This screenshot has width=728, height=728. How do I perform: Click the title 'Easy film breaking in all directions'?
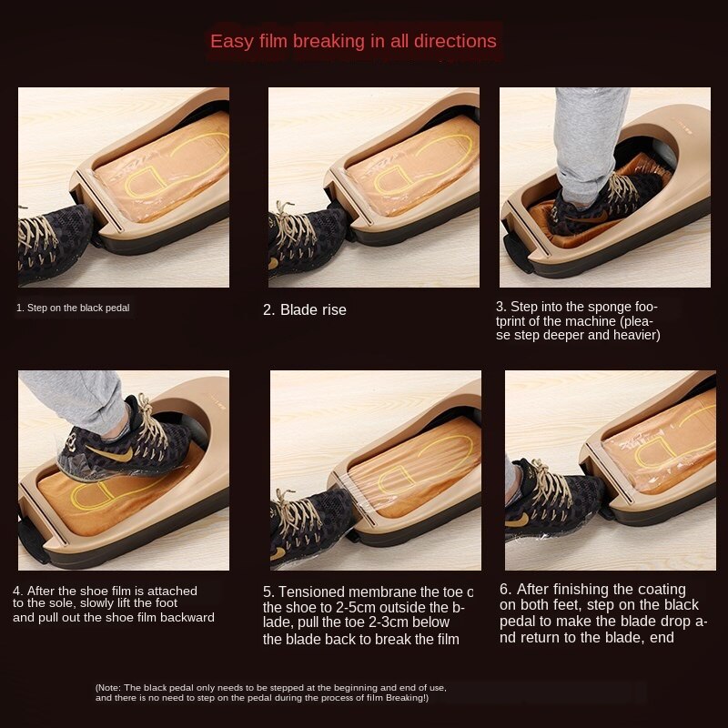point(353,41)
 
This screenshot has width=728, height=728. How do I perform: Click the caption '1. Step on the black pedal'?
point(73,308)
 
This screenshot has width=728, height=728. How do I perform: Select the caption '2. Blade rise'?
point(305,309)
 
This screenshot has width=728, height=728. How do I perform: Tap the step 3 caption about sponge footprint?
point(578,320)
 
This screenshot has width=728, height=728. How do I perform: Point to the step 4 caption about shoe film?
point(114,604)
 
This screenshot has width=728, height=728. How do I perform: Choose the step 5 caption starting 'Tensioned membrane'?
point(369,615)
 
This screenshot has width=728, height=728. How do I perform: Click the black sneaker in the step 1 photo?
point(50,241)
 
